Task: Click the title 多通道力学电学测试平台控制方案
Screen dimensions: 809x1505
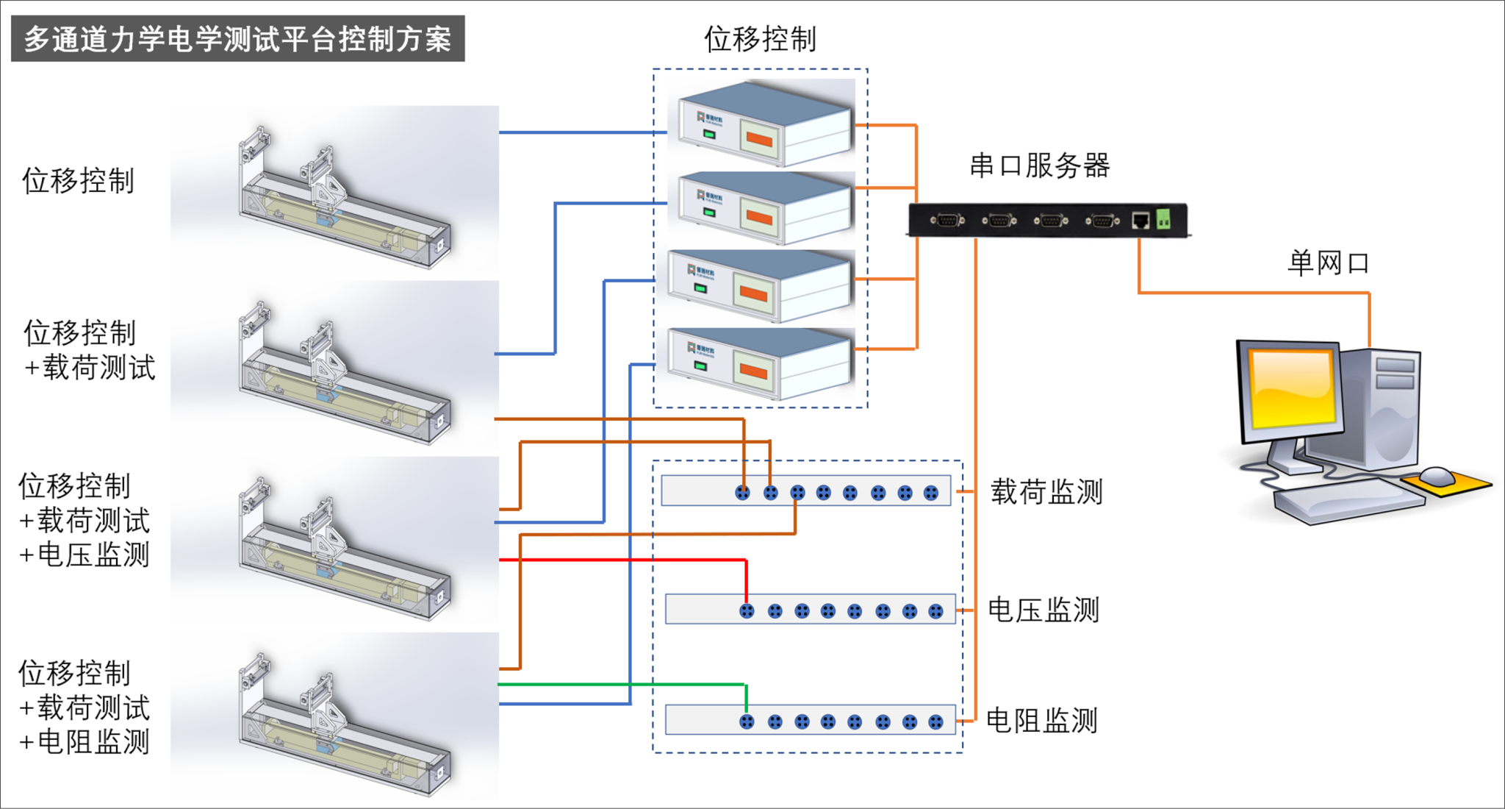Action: pyautogui.click(x=237, y=38)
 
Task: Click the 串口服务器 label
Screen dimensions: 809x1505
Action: pyautogui.click(x=1039, y=165)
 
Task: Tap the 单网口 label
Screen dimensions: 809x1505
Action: pyautogui.click(x=1328, y=263)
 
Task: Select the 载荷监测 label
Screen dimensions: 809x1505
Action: pyautogui.click(x=1046, y=491)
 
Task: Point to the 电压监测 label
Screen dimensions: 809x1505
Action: pyautogui.click(x=1043, y=610)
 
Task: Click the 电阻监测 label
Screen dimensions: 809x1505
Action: pyautogui.click(x=1041, y=720)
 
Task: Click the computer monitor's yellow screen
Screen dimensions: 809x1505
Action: pyautogui.click(x=1292, y=388)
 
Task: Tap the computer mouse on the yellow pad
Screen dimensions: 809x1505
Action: pyautogui.click(x=1437, y=476)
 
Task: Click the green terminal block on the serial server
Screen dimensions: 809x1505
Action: pyautogui.click(x=1163, y=218)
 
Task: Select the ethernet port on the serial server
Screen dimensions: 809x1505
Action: pyautogui.click(x=1141, y=220)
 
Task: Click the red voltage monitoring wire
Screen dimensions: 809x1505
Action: pyautogui.click(x=625, y=560)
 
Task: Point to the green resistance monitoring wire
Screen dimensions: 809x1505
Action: pyautogui.click(x=625, y=685)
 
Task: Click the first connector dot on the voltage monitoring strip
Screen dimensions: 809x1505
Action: pyautogui.click(x=747, y=611)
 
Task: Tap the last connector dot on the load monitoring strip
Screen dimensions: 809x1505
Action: pyautogui.click(x=931, y=493)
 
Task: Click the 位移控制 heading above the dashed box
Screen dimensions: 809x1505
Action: pyautogui.click(x=760, y=38)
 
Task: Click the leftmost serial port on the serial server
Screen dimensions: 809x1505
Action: pyautogui.click(x=947, y=220)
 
